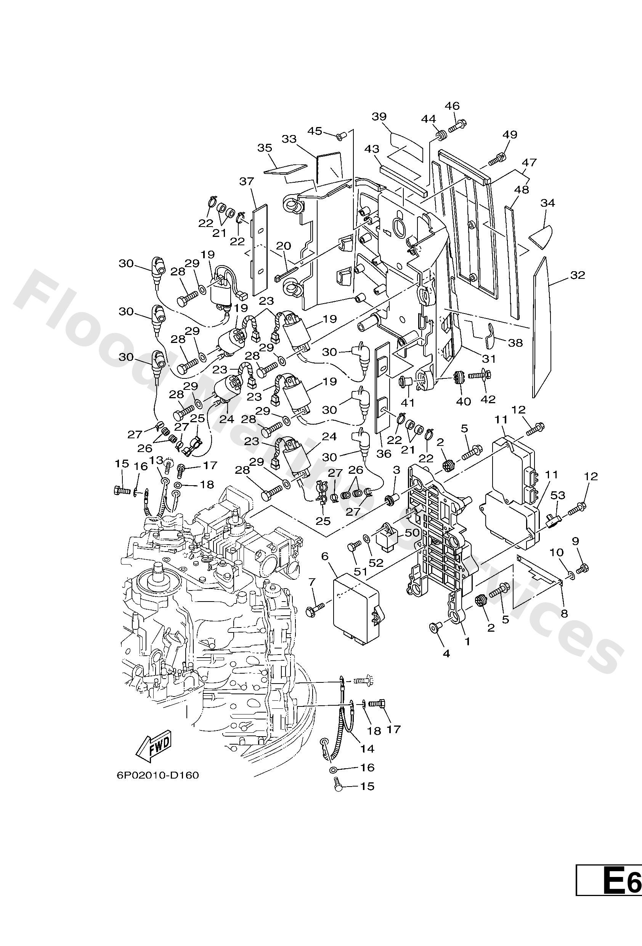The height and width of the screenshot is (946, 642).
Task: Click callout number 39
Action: coord(379,116)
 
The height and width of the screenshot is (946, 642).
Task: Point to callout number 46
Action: coord(452,106)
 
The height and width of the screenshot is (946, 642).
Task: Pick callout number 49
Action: coord(509,134)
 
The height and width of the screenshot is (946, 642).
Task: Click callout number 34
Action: coord(547,203)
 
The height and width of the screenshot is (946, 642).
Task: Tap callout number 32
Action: coord(577,275)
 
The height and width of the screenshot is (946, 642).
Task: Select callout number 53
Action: coord(558,496)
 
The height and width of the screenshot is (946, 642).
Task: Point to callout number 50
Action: coord(412,533)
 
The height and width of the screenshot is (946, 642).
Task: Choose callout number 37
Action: coord(247,182)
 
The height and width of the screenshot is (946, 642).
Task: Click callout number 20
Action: coord(284,246)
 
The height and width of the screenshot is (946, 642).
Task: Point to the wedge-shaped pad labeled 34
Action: coord(541,237)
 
